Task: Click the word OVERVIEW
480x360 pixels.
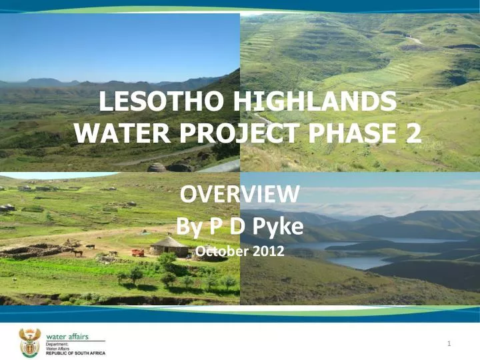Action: coord(240,195)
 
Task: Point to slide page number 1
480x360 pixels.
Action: coord(451,344)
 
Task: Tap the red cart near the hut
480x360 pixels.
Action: coord(137,252)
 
